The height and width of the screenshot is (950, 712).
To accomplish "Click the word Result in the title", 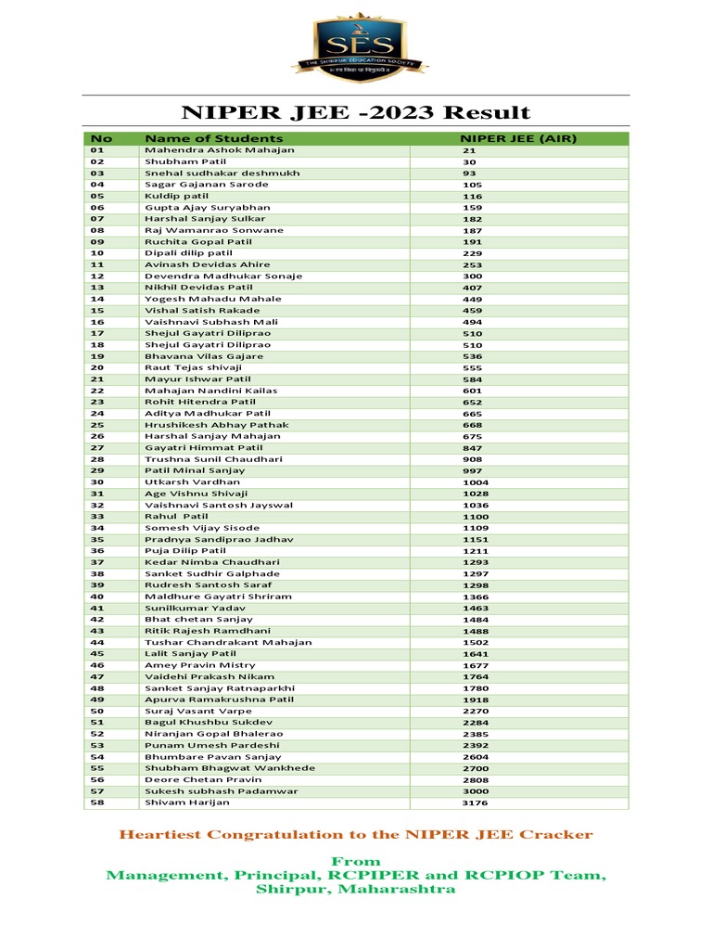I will click(x=487, y=113).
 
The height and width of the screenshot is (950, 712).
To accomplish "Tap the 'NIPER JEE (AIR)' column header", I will click(x=512, y=138).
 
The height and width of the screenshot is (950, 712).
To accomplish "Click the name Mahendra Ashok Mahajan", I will click(x=220, y=149).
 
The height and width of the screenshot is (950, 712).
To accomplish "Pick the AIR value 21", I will click(x=469, y=150).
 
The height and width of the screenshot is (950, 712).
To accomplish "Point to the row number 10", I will click(x=97, y=252).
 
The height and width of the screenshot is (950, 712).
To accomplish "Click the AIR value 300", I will click(x=472, y=276).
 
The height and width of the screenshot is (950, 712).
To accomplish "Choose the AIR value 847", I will click(x=472, y=448).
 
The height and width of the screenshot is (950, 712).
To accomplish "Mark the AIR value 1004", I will click(x=475, y=482).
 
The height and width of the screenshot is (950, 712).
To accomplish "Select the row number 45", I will click(x=97, y=653).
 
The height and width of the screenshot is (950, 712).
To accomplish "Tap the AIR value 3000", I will click(x=475, y=791).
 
